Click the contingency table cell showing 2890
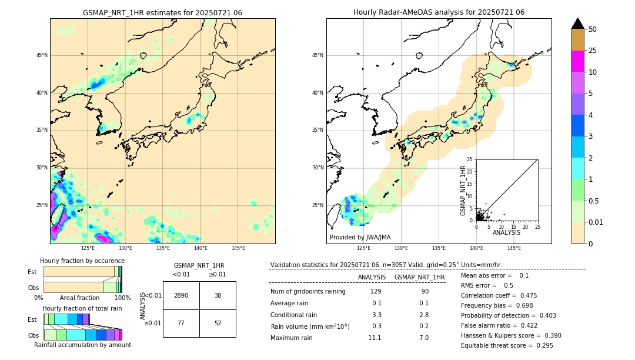click(x=181, y=295)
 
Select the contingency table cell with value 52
click(x=218, y=323)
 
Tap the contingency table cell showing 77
click(x=181, y=323)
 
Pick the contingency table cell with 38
click(x=218, y=295)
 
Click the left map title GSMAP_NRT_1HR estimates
click(x=162, y=12)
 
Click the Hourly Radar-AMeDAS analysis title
click(x=439, y=12)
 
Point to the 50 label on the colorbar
click(x=593, y=29)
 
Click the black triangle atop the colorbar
click(x=578, y=24)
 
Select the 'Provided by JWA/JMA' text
click(x=360, y=237)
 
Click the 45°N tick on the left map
click(x=42, y=55)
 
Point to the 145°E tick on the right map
click(x=514, y=248)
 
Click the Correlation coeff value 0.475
click(x=524, y=295)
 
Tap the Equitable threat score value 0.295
click(x=540, y=345)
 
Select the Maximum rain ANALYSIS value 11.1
click(x=375, y=338)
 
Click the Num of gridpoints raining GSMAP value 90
click(x=425, y=291)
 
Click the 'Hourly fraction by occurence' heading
click(x=82, y=261)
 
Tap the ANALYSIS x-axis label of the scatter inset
click(x=506, y=232)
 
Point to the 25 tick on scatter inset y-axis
click(x=470, y=159)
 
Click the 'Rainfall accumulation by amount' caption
click(x=82, y=345)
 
